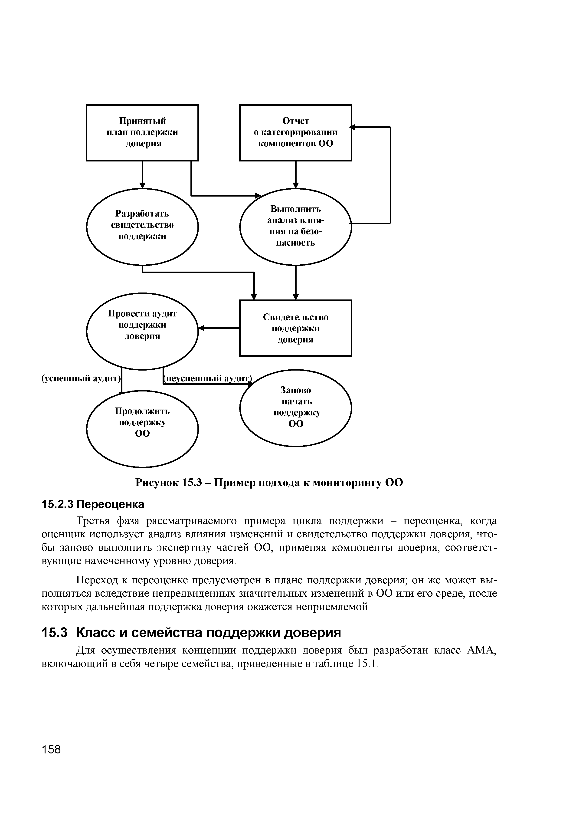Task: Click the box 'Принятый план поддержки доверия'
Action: pos(142,132)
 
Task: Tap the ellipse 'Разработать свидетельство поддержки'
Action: pos(142,227)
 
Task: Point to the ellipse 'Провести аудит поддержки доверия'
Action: pos(142,331)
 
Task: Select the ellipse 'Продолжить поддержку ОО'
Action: pos(142,428)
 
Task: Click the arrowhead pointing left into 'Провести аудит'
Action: pos(201,328)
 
